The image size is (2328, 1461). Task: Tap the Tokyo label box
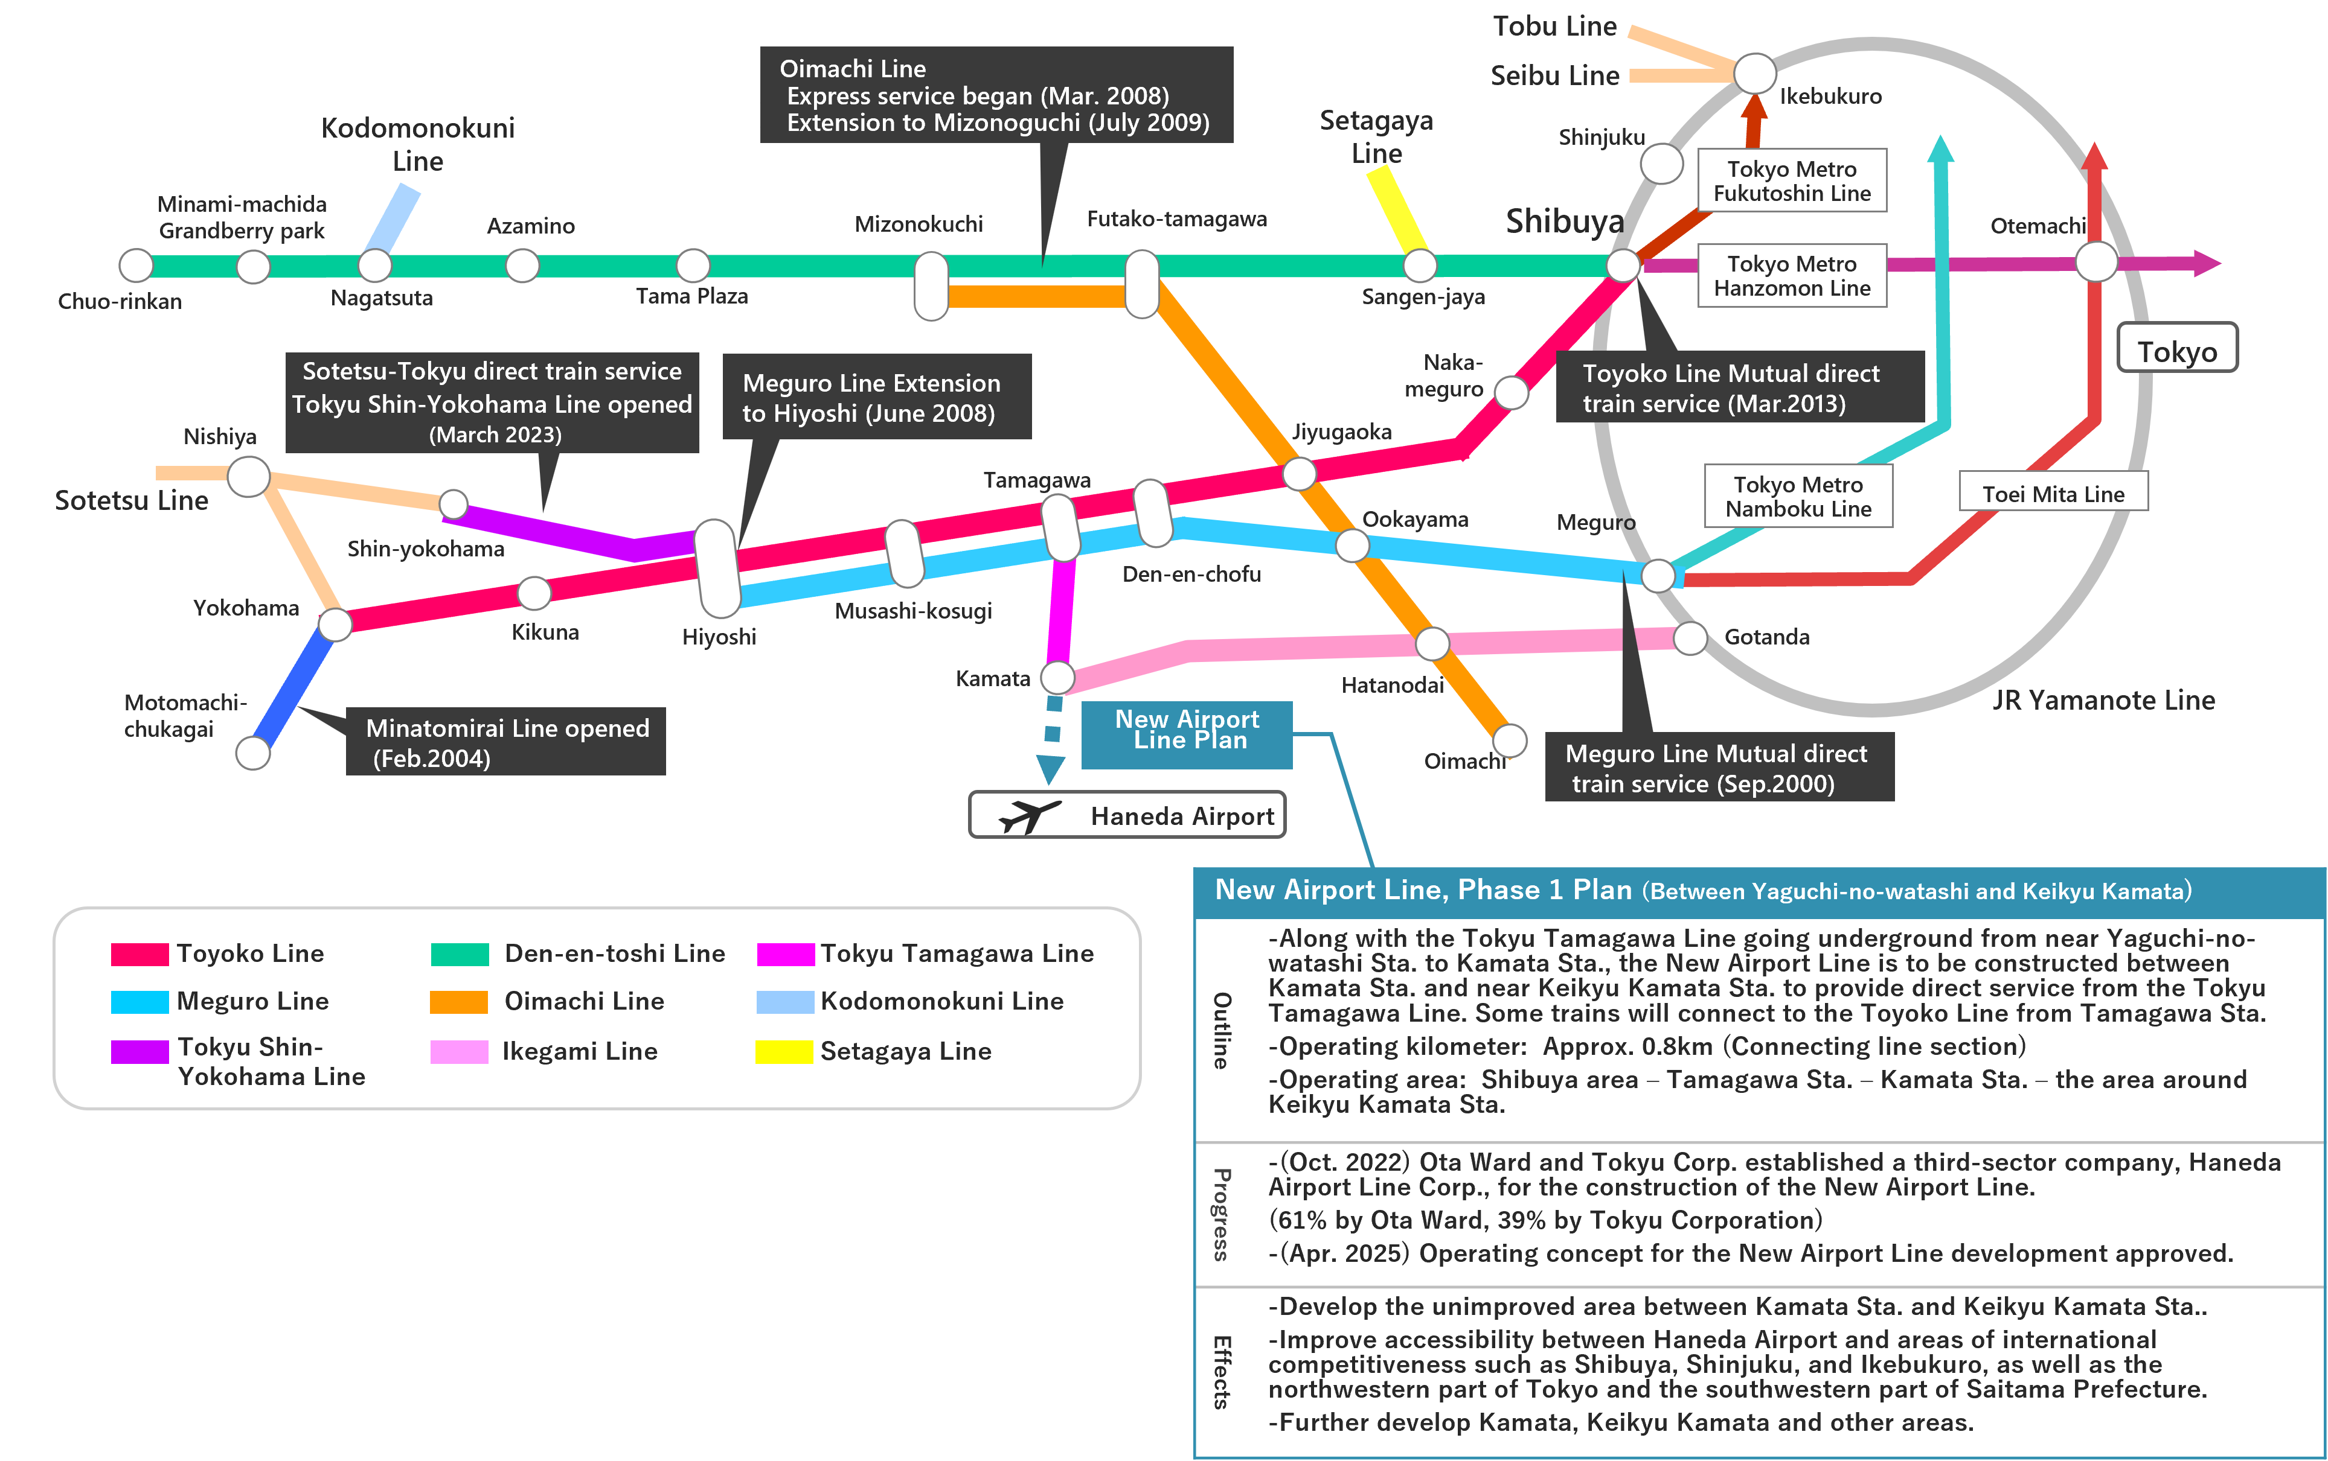(2176, 349)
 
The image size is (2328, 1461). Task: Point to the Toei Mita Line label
(2053, 494)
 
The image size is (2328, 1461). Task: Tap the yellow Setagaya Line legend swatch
(783, 1051)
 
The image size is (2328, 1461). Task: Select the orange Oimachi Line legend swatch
(458, 1002)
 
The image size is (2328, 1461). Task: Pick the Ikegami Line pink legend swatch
(458, 1051)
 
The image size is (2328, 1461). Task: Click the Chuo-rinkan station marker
(136, 265)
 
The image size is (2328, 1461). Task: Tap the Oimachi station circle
(1509, 741)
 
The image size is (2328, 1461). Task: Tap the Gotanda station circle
(1690, 638)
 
